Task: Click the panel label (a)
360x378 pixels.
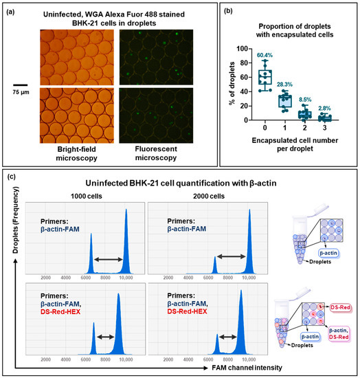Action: [11, 10]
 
